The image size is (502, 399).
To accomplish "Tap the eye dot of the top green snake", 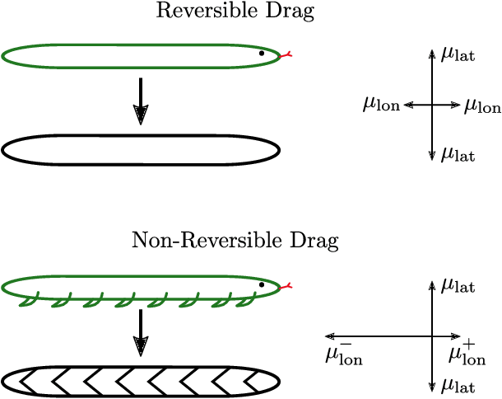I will coord(262,53).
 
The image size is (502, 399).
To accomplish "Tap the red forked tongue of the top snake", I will coord(286,56).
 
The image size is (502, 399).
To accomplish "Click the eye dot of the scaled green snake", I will coord(262,284).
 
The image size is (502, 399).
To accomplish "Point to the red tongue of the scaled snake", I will coord(286,287).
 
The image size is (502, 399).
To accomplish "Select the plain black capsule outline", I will coord(141,149).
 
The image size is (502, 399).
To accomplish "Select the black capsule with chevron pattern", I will coord(141,380).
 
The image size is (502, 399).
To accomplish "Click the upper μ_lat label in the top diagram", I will coord(458,54).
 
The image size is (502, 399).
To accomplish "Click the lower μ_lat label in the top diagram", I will coord(458,153).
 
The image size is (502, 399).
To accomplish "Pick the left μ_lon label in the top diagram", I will coord(381,105).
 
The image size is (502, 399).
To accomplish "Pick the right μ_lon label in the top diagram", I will coord(482,105).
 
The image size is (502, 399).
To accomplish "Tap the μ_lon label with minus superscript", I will coord(345,354).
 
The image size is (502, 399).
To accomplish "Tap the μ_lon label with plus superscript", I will coord(467,354).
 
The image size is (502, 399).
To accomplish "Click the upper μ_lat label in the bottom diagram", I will coord(458,285).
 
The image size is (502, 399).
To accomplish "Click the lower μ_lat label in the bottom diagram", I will coord(458,384).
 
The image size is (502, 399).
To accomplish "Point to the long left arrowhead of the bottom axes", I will coord(329,336).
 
